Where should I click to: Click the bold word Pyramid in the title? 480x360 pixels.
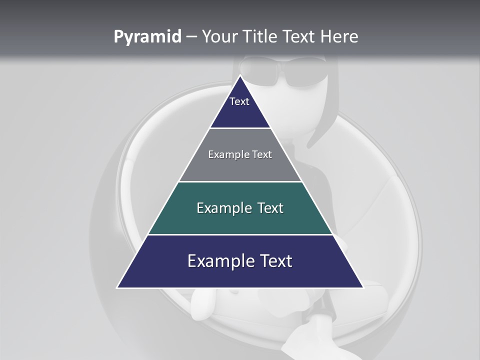147,37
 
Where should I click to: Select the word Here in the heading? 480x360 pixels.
339,37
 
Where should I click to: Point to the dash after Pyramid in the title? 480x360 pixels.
191,37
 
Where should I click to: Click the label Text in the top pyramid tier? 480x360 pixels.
239,101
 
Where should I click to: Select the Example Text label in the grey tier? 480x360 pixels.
240,154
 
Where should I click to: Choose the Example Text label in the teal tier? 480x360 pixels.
240,208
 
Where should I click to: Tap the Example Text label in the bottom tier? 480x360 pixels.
240,261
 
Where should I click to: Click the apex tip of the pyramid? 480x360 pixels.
240,76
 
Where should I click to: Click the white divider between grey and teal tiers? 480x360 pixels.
240,181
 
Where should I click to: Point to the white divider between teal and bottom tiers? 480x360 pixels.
240,234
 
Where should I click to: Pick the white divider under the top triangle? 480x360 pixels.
240,128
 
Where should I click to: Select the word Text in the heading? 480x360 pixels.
298,37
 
